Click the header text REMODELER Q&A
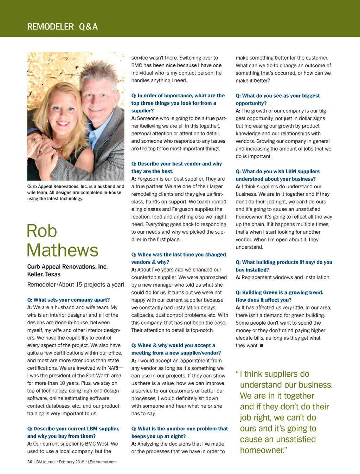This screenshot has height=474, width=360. (x=62, y=27)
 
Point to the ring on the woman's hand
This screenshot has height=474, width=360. (x=34, y=141)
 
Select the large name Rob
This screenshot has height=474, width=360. (x=42, y=231)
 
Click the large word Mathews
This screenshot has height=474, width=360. (x=63, y=251)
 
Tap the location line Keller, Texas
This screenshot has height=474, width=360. (x=44, y=274)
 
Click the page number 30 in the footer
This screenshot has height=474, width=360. (x=30, y=462)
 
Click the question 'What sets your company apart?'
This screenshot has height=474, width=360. (x=69, y=300)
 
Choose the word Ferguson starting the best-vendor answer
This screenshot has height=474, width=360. (x=148, y=179)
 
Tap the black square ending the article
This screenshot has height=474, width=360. (x=262, y=346)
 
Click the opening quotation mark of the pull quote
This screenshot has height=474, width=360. (x=237, y=373)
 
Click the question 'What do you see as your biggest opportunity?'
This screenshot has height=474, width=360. (x=278, y=99)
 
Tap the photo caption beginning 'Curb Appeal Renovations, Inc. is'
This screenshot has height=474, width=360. (x=76, y=193)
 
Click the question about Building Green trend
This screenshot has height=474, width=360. (x=279, y=296)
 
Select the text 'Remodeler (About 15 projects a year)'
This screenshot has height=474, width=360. (x=76, y=285)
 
